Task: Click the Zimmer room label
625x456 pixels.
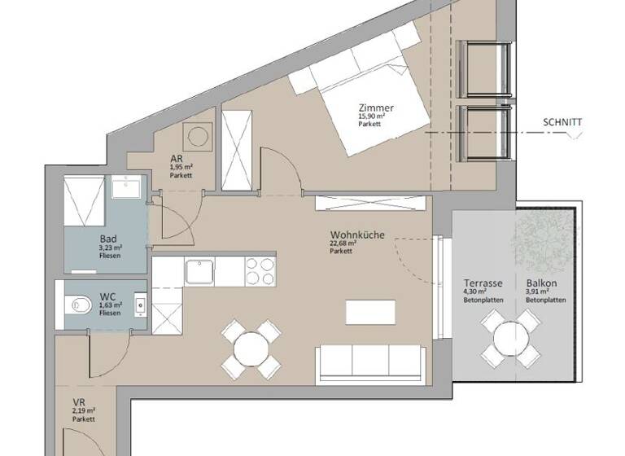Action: tap(375, 107)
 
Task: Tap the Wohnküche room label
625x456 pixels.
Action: tap(352, 235)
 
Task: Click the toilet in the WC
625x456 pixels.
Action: tap(80, 305)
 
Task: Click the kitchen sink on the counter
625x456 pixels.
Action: tap(199, 270)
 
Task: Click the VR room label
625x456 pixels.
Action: tap(79, 402)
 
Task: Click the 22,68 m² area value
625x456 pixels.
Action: tap(342, 243)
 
